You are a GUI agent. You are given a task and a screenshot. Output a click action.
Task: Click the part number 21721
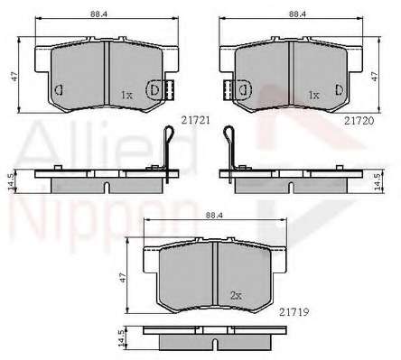195,121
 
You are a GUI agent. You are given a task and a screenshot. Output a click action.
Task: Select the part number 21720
359,121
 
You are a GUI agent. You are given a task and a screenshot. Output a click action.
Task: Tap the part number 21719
294,312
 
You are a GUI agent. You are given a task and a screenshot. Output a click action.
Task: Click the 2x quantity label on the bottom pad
236,296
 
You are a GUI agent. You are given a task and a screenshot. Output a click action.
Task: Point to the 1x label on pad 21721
126,96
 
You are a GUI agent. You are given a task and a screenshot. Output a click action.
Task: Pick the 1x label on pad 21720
313,96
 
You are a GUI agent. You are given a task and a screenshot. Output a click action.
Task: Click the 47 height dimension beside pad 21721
14,77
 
